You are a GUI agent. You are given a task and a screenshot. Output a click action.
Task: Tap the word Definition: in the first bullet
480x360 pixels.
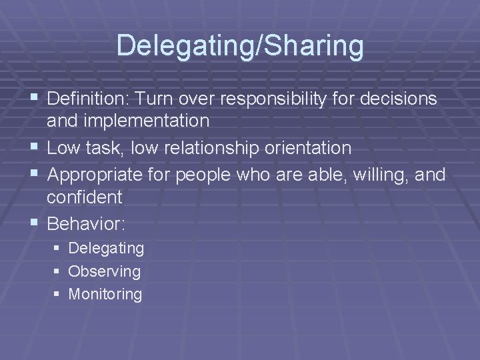(x=91, y=99)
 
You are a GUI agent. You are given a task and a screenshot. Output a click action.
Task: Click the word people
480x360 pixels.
(x=221, y=174)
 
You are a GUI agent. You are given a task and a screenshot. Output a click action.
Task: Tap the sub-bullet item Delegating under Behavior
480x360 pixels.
(x=106, y=249)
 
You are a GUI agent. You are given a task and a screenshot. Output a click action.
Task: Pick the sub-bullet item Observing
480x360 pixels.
(x=105, y=271)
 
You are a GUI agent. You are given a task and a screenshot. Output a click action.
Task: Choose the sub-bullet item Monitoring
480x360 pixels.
(x=105, y=294)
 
